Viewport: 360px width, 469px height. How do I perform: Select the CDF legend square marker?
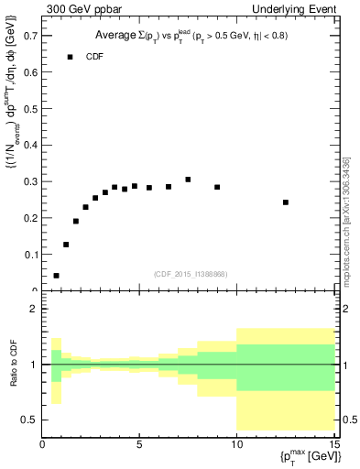pos(70,57)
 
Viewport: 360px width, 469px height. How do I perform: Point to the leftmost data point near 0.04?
pos(56,275)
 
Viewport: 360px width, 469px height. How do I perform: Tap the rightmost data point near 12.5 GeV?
pos(286,202)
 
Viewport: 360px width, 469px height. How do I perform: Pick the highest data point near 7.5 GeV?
pos(188,180)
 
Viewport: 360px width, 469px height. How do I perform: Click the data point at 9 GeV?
pos(217,187)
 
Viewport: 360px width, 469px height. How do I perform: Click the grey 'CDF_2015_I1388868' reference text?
pos(191,273)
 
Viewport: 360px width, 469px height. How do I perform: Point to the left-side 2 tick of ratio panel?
pos(33,309)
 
